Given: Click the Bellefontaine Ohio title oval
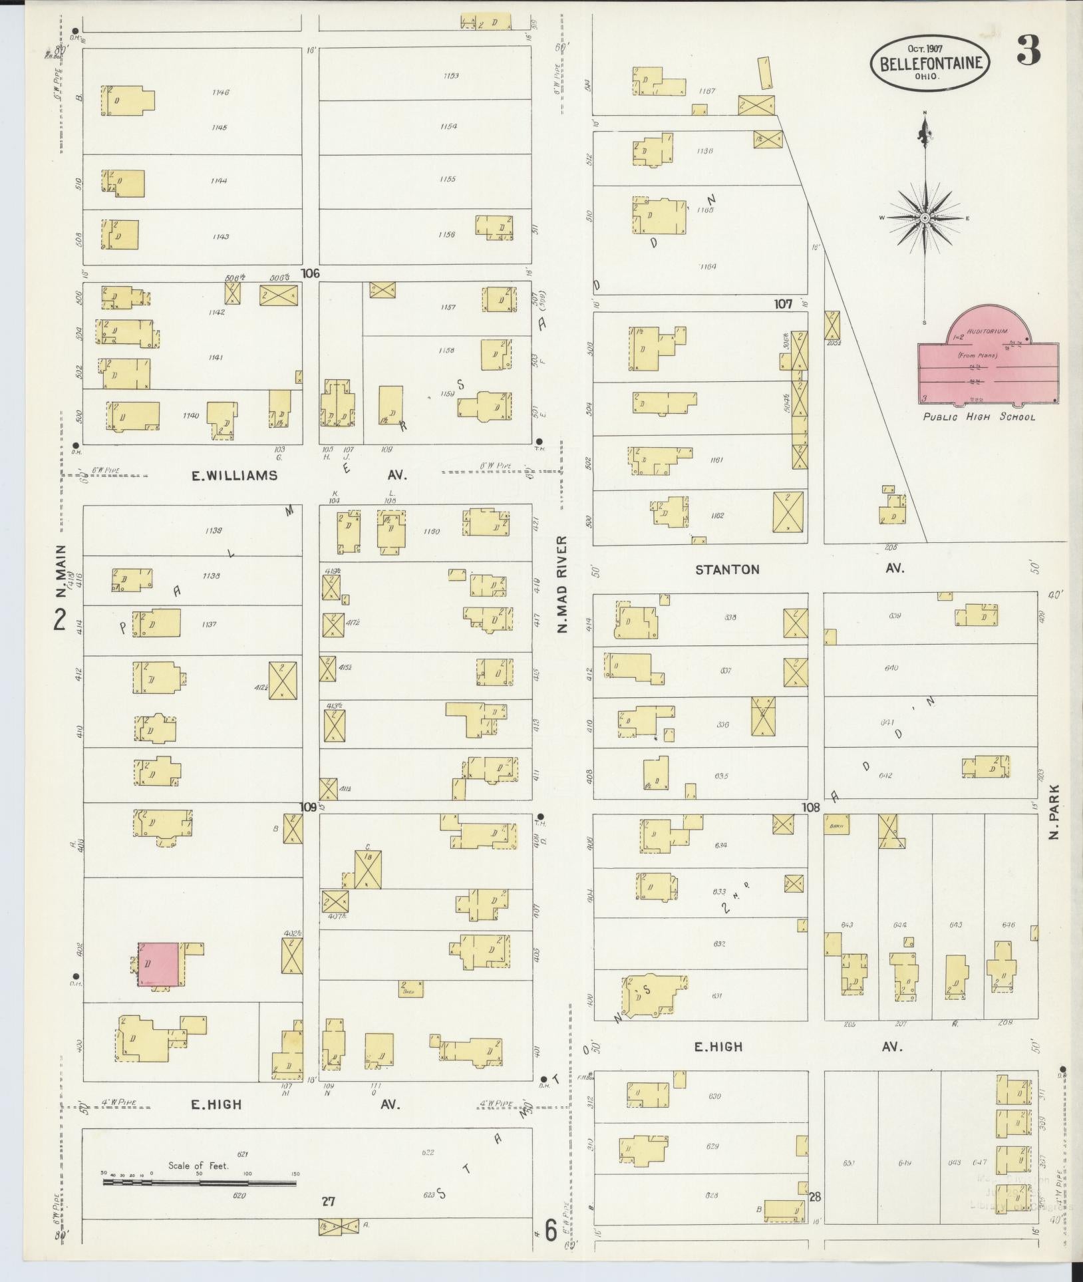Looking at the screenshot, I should click(x=931, y=63).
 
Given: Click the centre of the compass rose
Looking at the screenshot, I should click(x=925, y=218).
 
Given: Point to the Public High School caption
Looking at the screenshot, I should click(x=978, y=417).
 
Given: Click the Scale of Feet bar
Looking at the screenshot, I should click(x=199, y=1183).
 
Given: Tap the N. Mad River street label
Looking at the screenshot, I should click(x=563, y=583).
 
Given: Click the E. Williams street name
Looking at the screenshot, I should click(x=234, y=476).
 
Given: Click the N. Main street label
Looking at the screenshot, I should click(x=61, y=571).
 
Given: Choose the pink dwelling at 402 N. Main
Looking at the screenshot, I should click(x=159, y=964).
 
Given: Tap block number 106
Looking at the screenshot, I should click(x=310, y=273).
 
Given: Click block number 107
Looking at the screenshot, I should click(x=783, y=304).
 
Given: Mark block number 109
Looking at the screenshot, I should click(x=307, y=807).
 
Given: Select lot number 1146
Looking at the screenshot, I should click(x=220, y=92).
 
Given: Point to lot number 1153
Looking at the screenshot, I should click(x=450, y=76).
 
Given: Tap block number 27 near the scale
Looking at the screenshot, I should click(x=328, y=1201).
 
